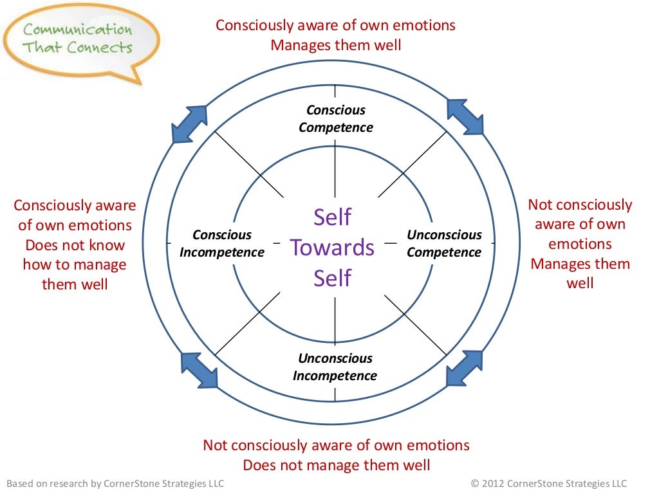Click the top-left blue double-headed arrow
click(190, 123)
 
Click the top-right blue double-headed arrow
click(465, 116)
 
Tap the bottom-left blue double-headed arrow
click(199, 369)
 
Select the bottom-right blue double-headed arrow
click(464, 368)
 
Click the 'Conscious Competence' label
click(335, 119)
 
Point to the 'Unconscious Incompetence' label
click(335, 367)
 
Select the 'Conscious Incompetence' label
click(222, 243)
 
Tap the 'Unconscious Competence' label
click(444, 243)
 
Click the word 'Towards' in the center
click(332, 248)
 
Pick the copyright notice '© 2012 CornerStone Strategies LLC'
click(548, 483)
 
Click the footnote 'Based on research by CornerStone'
click(115, 483)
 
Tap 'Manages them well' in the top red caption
click(335, 45)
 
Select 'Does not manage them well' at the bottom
click(336, 464)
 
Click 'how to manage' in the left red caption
click(75, 264)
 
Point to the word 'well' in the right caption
click(580, 283)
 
